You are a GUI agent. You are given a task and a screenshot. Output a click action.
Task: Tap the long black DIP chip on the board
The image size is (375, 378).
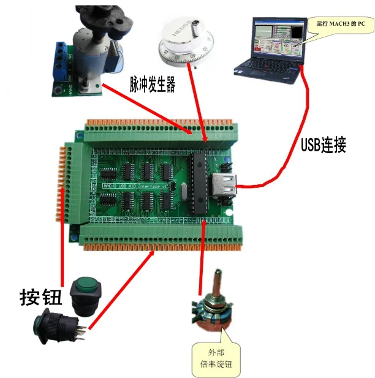(200, 184)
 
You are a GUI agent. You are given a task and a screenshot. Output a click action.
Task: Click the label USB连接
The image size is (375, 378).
(324, 145)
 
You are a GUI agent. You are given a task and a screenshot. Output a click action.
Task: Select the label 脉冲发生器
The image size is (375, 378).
(153, 84)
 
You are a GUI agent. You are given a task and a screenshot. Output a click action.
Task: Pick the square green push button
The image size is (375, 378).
(85, 293)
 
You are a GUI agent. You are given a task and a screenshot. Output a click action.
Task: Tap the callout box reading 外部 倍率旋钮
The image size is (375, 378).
(215, 360)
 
